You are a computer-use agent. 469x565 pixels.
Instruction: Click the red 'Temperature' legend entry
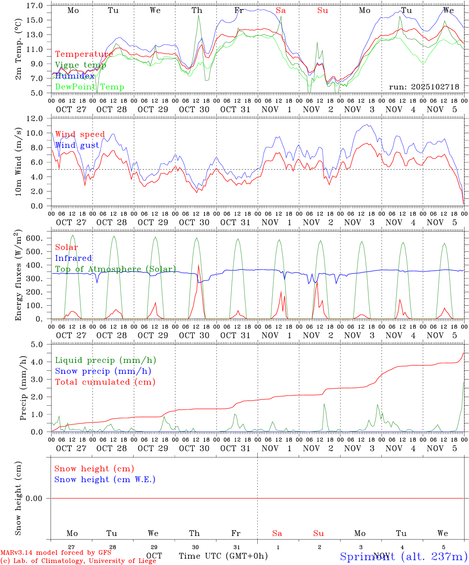[x=84, y=54]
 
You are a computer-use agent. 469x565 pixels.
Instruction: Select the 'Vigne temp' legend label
[x=81, y=65]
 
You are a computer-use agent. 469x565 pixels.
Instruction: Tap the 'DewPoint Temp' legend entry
[x=90, y=87]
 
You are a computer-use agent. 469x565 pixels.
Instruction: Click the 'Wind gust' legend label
[x=77, y=145]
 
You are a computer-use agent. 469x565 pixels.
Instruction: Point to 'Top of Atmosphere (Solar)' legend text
[x=115, y=269]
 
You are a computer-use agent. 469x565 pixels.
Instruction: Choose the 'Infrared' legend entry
[x=73, y=258]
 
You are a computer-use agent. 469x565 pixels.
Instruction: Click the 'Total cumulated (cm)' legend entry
[x=105, y=382]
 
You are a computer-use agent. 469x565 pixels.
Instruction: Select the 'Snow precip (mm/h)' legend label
[x=103, y=371]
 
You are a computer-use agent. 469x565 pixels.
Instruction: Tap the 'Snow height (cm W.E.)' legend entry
[x=105, y=479]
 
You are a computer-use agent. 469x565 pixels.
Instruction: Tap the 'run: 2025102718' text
[x=424, y=87]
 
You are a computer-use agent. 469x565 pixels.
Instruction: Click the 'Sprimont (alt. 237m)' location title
[x=403, y=556]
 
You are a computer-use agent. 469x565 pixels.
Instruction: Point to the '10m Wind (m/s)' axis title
[x=18, y=162]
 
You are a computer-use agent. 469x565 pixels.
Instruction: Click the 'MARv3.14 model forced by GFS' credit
[x=56, y=552]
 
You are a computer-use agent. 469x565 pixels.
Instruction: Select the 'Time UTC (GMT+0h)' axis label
[x=223, y=556]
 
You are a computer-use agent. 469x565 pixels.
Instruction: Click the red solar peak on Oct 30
[x=198, y=266]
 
